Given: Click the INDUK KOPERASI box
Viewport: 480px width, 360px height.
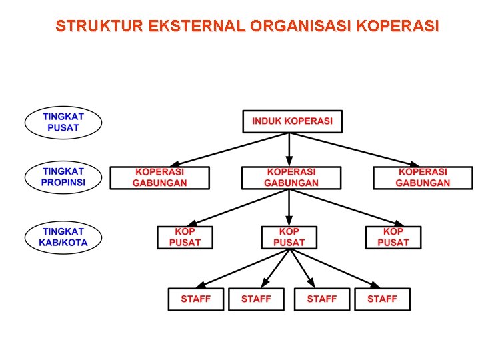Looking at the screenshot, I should pyautogui.click(x=292, y=121).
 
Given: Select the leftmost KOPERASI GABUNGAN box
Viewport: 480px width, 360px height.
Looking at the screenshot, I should pyautogui.click(x=160, y=177).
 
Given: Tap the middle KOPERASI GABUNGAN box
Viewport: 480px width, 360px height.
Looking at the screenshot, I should pyautogui.click(x=291, y=177).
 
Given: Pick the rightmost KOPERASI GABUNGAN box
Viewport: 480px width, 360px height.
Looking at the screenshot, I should pyautogui.click(x=423, y=177).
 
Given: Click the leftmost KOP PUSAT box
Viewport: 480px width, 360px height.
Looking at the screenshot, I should pyautogui.click(x=185, y=237).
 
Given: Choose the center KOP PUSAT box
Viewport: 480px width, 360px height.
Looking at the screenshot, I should pyautogui.click(x=289, y=237).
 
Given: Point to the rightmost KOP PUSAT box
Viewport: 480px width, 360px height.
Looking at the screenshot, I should pyautogui.click(x=393, y=237).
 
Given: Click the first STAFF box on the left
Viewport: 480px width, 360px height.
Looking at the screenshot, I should pyautogui.click(x=195, y=299).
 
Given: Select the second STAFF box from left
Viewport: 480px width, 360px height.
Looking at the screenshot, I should pyautogui.click(x=256, y=299).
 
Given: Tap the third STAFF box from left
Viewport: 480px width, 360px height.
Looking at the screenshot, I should pyautogui.click(x=322, y=299).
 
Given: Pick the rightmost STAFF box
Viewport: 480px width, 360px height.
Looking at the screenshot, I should pyautogui.click(x=382, y=299).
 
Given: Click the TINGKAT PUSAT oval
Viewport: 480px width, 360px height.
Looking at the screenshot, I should pyautogui.click(x=63, y=122).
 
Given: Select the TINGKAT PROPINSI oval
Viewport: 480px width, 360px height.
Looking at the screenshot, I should pyautogui.click(x=63, y=177).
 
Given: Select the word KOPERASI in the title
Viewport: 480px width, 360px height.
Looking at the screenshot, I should pyautogui.click(x=398, y=27).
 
